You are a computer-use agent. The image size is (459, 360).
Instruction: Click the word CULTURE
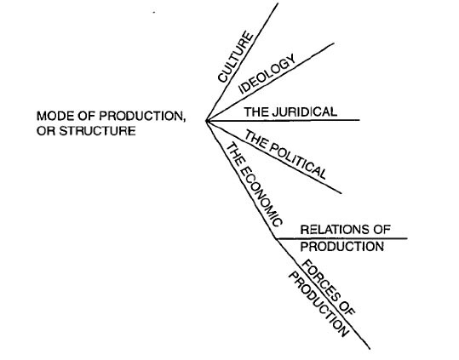click(x=236, y=57)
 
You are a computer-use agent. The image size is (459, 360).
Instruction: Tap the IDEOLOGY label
click(x=267, y=74)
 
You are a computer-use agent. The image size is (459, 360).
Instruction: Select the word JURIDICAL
click(x=305, y=112)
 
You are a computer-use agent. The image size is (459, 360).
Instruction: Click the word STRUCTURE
click(x=97, y=130)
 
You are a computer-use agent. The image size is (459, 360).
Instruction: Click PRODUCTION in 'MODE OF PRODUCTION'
click(x=141, y=116)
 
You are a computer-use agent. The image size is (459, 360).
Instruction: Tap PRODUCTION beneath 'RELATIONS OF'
click(x=342, y=247)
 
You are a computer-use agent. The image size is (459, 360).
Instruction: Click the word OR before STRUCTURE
click(x=46, y=130)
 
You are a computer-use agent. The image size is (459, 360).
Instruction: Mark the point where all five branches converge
click(x=206, y=120)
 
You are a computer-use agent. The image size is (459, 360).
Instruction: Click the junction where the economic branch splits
click(x=276, y=239)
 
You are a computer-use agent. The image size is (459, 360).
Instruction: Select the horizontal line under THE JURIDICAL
click(x=283, y=120)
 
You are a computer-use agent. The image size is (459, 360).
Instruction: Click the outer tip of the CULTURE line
click(x=278, y=3)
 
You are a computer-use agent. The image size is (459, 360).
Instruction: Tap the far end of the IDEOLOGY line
click(x=334, y=43)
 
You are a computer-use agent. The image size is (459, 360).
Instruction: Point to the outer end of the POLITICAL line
click(x=341, y=193)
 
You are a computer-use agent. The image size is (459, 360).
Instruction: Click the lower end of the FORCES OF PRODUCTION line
click(x=370, y=349)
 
